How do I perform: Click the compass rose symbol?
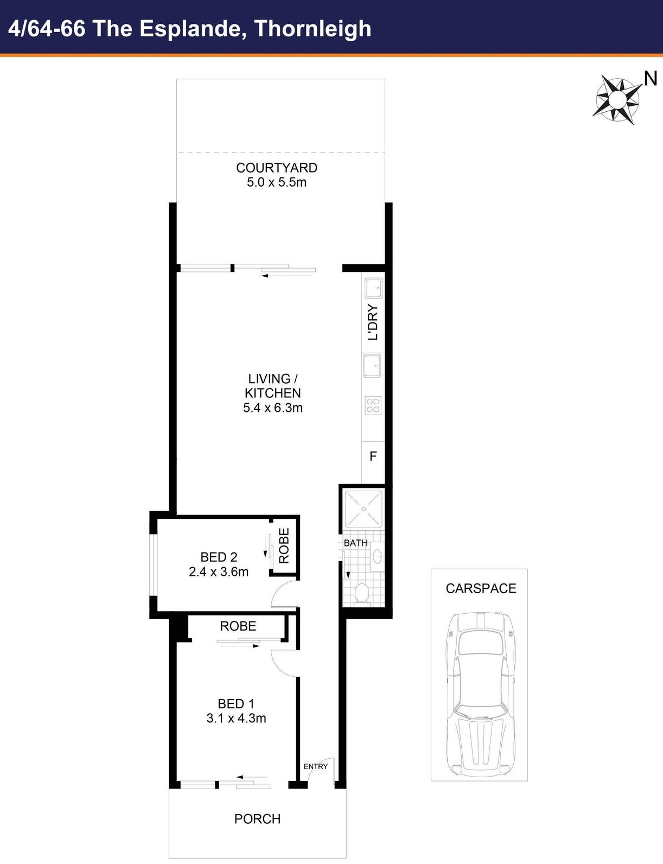[x=617, y=99]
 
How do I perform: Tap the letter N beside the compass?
[x=651, y=79]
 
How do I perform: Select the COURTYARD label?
[x=277, y=168]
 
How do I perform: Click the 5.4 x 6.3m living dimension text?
[x=273, y=408]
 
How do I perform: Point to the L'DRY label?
[x=372, y=322]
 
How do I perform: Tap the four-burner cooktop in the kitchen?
[x=373, y=405]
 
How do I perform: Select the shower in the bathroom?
[x=364, y=509]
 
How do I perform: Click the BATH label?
[x=356, y=543]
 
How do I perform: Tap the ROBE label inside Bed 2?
[x=284, y=545]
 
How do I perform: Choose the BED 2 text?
[x=219, y=557]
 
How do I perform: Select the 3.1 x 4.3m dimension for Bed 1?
[x=236, y=718]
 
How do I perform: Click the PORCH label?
[x=258, y=819]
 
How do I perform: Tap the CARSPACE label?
[x=481, y=588]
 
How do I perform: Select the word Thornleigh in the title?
[x=313, y=29]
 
